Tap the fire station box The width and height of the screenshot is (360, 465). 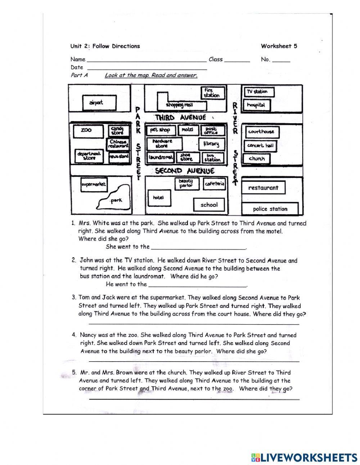point(212,93)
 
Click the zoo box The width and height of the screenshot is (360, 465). point(86,130)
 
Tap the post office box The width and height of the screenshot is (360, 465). point(212,130)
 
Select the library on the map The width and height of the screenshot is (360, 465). point(211,144)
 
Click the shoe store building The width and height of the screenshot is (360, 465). point(186,157)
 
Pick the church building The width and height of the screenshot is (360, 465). point(257,158)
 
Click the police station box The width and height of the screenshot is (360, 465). point(270,209)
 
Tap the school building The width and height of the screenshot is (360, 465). point(209,205)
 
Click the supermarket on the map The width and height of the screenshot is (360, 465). point(94,184)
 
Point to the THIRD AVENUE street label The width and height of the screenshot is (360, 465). point(180,117)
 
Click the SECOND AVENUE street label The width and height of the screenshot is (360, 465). point(185,171)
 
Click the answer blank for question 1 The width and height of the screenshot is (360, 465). point(198,247)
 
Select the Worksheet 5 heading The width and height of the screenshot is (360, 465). point(279,46)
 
